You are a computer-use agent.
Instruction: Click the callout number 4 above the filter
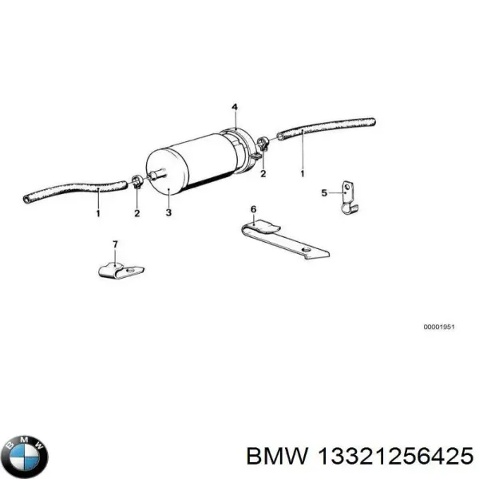pos(235,107)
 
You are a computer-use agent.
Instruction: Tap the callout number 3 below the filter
pos(169,213)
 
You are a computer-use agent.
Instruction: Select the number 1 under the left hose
pos(98,213)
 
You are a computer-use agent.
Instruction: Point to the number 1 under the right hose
pos(303,172)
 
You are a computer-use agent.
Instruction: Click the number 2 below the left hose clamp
pos(137,213)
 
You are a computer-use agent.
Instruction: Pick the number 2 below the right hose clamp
pos(263,173)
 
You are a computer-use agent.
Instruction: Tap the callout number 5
pos(324,192)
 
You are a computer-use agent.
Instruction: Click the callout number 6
pos(253,210)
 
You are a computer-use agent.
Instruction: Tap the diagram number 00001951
pos(439,327)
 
